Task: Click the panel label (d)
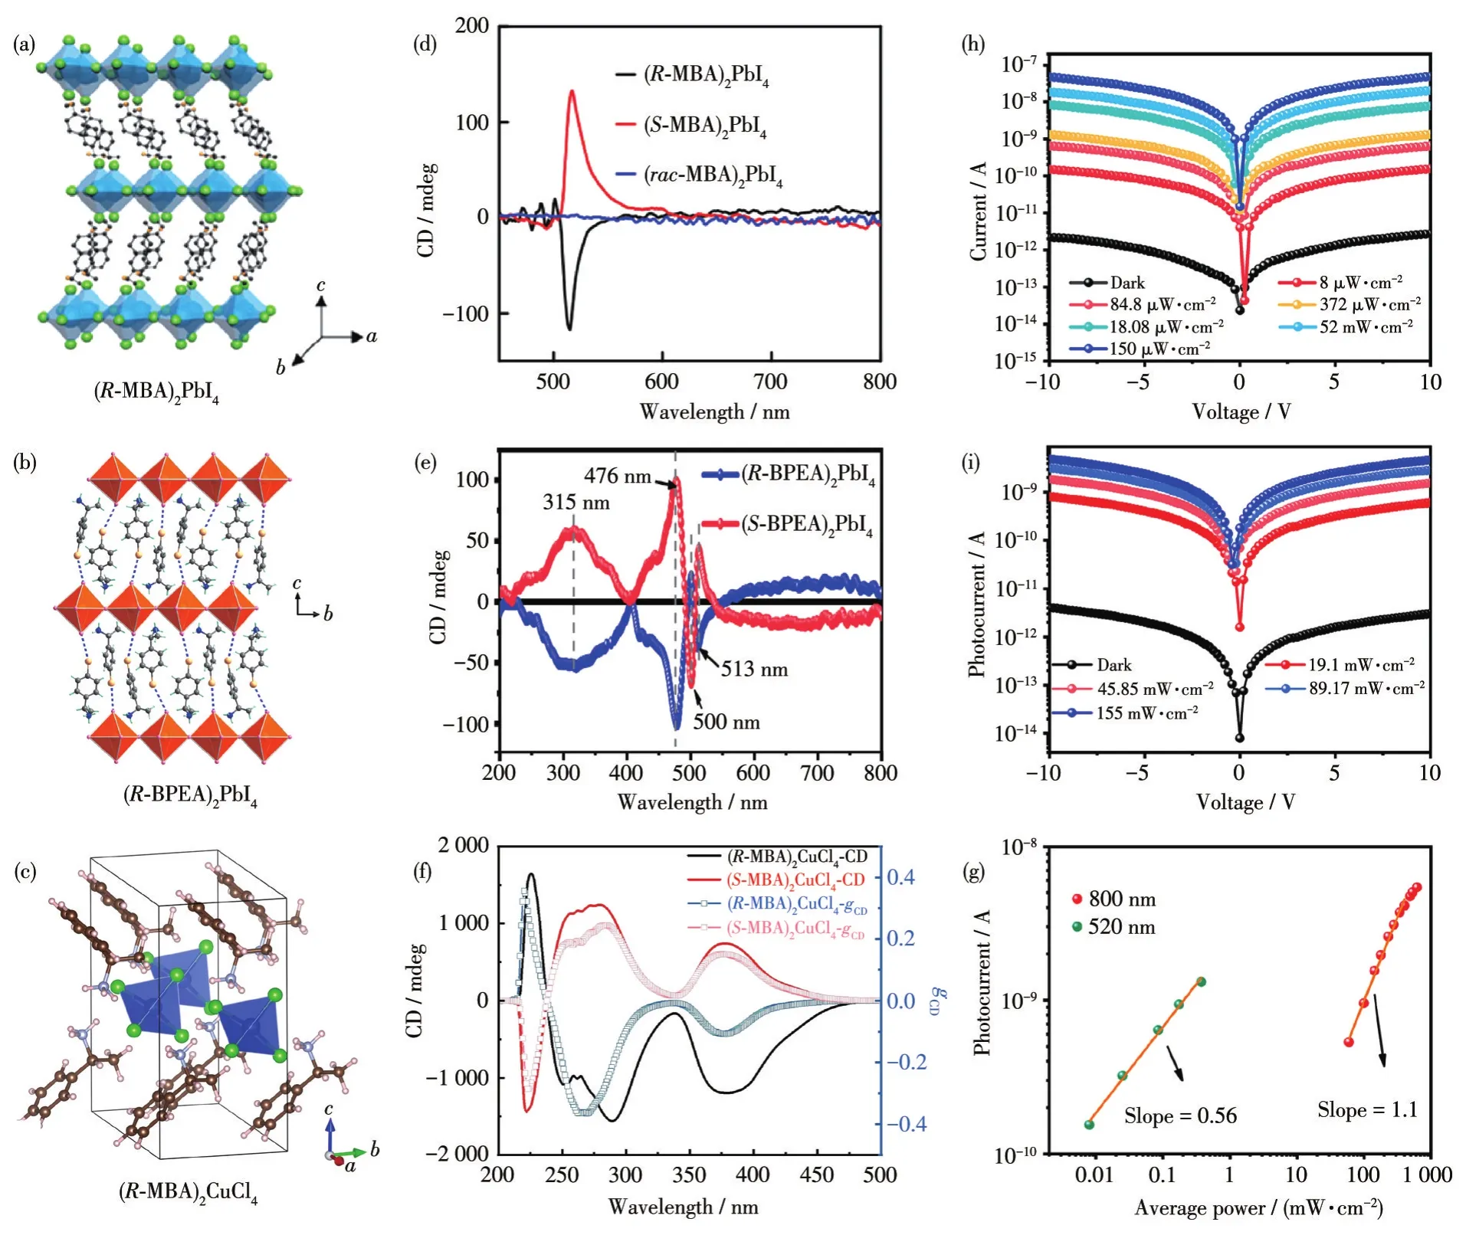425,44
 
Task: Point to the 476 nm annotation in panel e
617,476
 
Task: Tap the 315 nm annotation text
576,503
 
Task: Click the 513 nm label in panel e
754,670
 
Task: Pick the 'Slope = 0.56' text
1180,1115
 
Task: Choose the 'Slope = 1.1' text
1367,1109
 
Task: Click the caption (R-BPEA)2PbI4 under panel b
190,794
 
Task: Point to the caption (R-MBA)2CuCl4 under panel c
188,1192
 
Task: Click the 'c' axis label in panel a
321,286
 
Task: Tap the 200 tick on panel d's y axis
471,26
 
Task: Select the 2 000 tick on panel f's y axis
463,845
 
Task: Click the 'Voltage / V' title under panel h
1241,412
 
